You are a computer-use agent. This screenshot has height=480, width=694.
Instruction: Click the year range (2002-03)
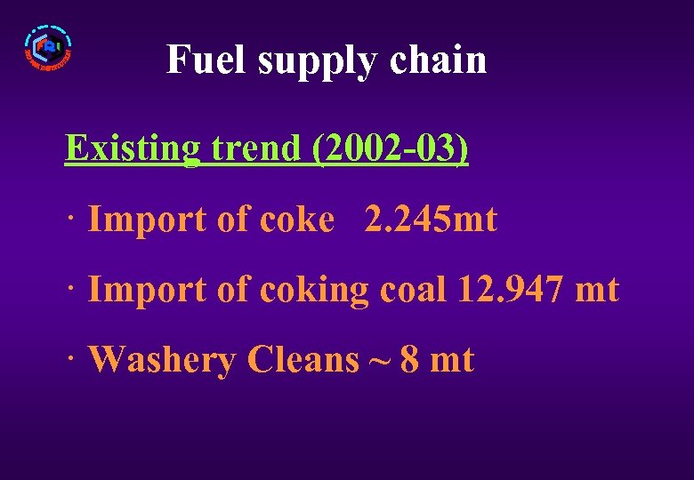(x=390, y=148)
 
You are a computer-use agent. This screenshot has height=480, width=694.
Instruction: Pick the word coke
(x=297, y=220)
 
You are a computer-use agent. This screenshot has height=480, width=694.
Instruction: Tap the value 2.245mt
(x=431, y=220)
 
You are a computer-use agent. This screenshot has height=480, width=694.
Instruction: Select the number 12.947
(x=504, y=290)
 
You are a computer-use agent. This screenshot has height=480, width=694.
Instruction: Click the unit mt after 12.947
(x=597, y=291)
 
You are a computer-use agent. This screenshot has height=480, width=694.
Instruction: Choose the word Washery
(x=163, y=361)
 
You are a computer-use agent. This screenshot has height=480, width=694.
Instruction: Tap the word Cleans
(x=303, y=360)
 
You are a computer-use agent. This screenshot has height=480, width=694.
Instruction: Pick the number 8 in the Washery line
(x=410, y=360)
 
